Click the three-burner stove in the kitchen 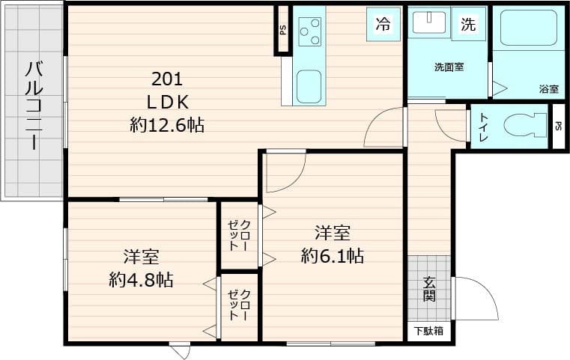tap(309, 31)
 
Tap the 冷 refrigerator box tap(382, 24)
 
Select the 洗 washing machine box tap(467, 24)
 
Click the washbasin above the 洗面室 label tap(429, 23)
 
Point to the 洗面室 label tap(448, 67)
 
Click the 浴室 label tap(548, 89)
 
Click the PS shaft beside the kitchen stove tap(282, 30)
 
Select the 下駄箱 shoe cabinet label tap(428, 331)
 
